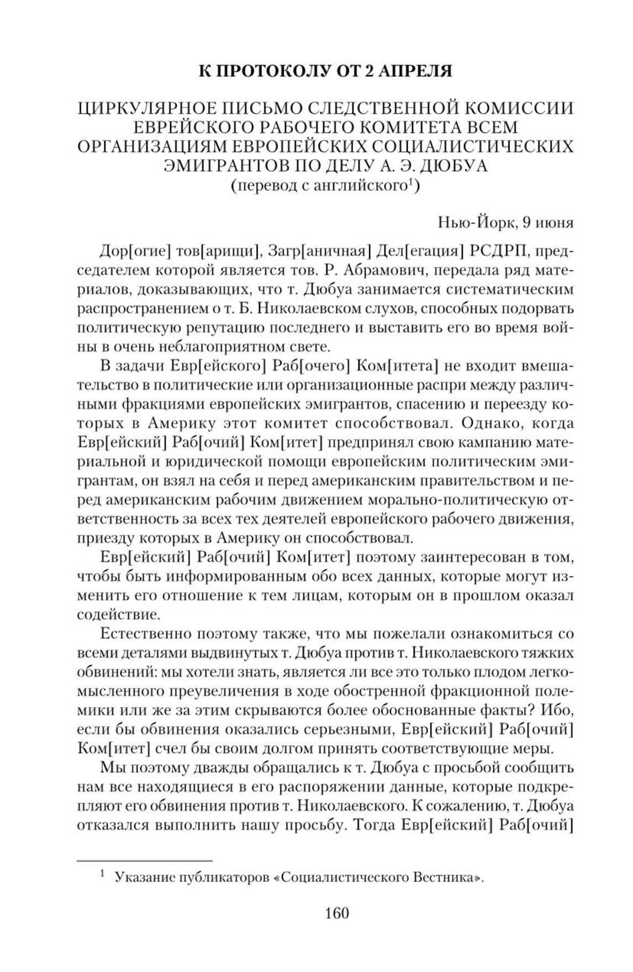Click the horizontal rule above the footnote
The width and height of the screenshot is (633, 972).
[x=145, y=860]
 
